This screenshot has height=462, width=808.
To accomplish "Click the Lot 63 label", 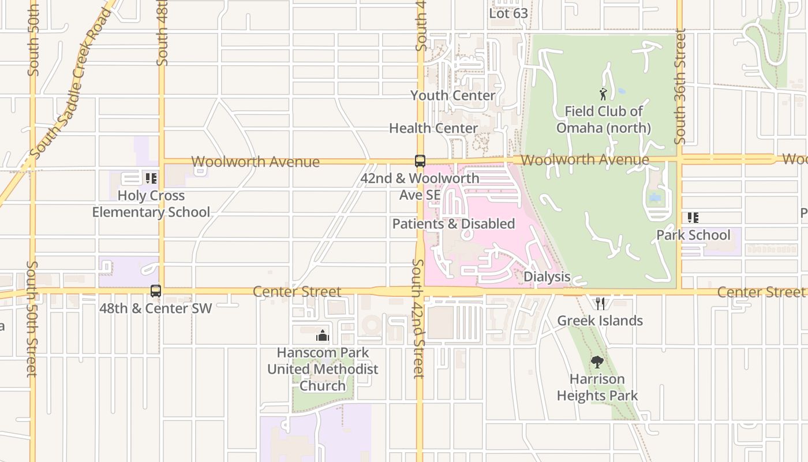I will (x=508, y=13).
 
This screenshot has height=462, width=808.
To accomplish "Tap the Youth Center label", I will (x=453, y=95).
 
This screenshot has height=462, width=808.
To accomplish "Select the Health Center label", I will (x=433, y=128).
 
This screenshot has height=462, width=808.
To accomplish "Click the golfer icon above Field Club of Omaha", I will (x=603, y=94).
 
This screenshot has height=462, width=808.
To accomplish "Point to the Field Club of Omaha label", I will (x=604, y=120).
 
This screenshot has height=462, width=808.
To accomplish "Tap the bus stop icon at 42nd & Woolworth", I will (x=420, y=161).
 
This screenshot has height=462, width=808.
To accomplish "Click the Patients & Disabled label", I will (x=454, y=224).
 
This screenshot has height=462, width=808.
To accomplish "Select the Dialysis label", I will (x=547, y=277).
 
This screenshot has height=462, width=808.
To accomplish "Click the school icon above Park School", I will (x=693, y=218).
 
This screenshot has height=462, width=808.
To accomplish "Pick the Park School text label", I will (x=693, y=235).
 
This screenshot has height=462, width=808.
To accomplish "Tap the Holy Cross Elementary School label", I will (x=151, y=204).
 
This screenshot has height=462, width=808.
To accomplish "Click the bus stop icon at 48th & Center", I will (x=156, y=291).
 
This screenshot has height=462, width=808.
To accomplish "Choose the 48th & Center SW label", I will (x=156, y=308).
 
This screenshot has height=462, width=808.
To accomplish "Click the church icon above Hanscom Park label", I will (x=322, y=336).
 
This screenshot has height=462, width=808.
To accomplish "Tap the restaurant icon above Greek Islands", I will (x=600, y=303).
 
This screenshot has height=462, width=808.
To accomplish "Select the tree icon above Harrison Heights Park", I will (x=597, y=362).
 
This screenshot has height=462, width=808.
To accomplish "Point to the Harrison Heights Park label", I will (x=597, y=388).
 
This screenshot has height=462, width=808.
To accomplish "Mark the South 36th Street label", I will (x=680, y=87).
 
